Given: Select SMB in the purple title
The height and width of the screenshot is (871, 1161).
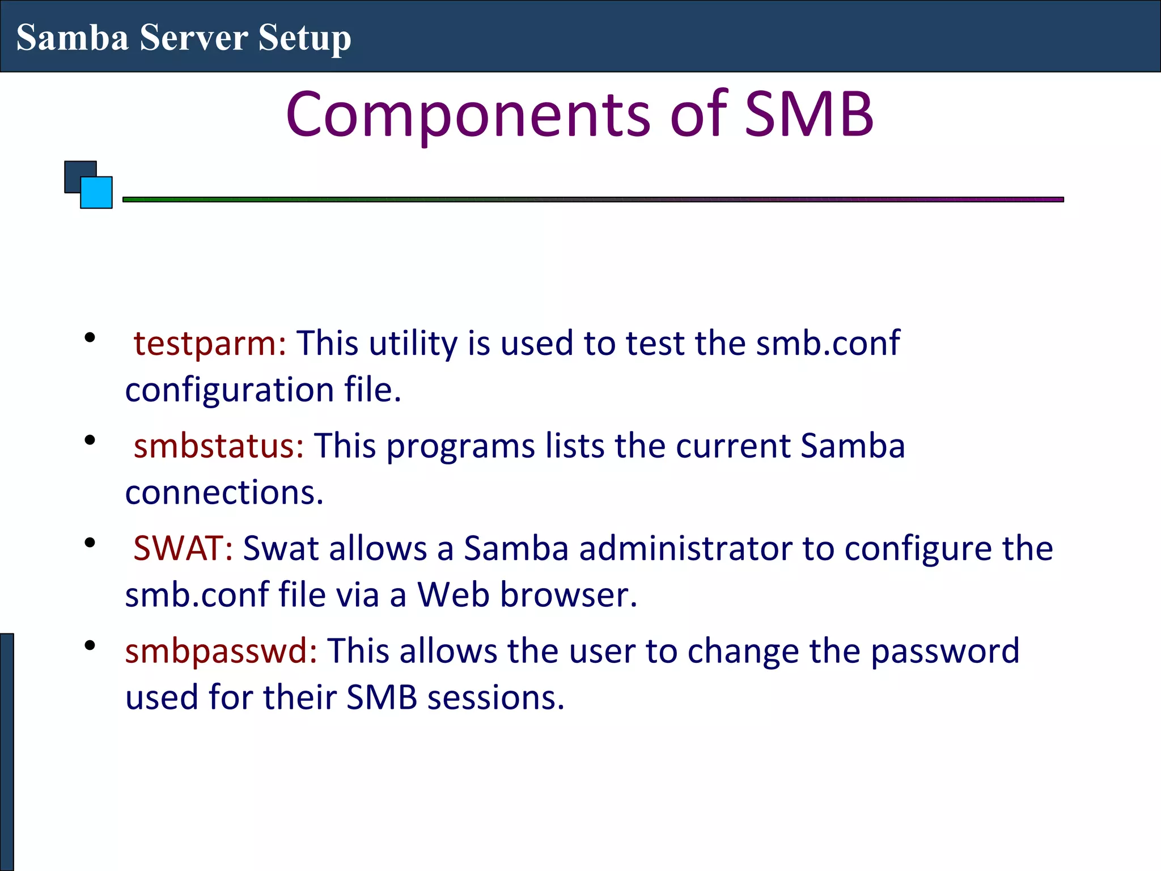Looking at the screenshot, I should coord(808,115).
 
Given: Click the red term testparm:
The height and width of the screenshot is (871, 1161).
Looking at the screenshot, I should coord(210,344).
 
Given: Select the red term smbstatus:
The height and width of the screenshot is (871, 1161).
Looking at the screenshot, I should coord(219,446).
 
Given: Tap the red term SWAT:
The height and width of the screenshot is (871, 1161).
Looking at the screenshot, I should coord(183,548).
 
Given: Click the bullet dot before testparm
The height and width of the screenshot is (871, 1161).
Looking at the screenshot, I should coord(90,339).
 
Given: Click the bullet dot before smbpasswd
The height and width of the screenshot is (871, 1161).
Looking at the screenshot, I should coord(90,646).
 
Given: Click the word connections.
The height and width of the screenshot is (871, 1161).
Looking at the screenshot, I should coord(224,492).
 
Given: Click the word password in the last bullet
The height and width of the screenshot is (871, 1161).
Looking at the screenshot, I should coord(945,651).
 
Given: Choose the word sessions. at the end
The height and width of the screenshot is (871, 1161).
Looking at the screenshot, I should coord(496,697).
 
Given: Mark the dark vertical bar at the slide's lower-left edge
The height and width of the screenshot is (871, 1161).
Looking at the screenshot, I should coord(6,751).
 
